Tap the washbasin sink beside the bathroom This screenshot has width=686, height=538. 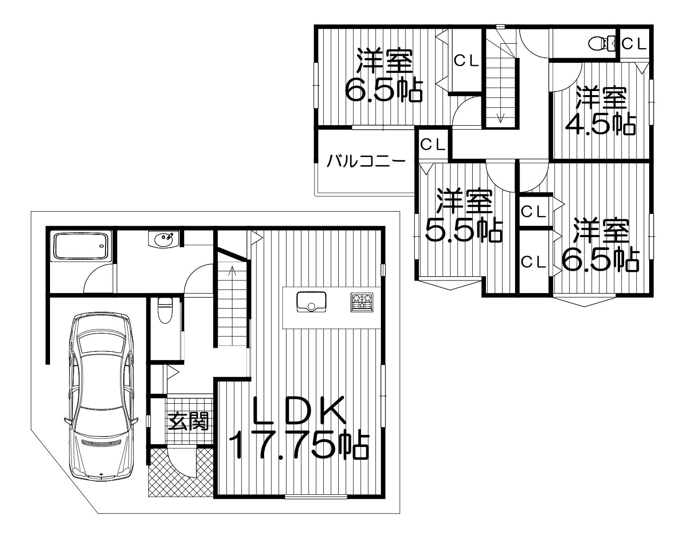click(x=163, y=239)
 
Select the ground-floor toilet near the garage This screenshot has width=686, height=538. click(x=164, y=310)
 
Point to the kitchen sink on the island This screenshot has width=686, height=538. click(x=311, y=302)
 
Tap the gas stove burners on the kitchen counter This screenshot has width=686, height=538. click(x=362, y=302)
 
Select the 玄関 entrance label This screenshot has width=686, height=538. click(x=188, y=421)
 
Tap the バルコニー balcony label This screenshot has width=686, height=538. click(x=366, y=162)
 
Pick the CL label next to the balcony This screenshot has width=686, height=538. click(x=433, y=145)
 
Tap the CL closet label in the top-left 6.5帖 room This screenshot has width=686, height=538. click(x=466, y=61)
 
